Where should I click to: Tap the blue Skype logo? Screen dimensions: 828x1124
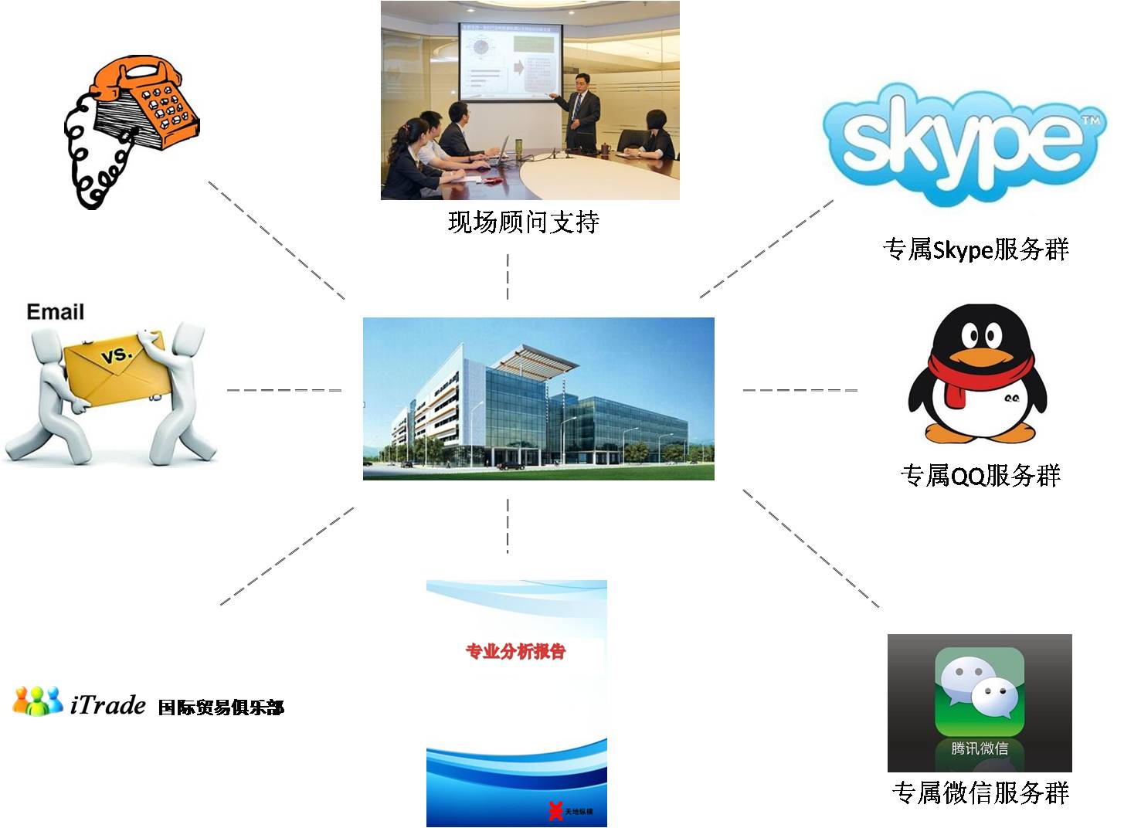[x=964, y=144]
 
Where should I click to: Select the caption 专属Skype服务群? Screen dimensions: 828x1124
[x=976, y=249]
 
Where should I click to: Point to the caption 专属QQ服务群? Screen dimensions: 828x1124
[x=980, y=475]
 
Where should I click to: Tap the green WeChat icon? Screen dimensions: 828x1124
[x=979, y=691]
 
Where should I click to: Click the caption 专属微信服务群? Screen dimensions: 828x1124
[x=980, y=792]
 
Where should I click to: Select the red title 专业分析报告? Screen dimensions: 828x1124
[x=515, y=651]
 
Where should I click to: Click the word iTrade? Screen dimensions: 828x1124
[x=107, y=704]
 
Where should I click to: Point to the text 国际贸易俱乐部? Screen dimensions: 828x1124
[x=221, y=707]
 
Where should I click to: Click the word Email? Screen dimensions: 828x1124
[x=55, y=312]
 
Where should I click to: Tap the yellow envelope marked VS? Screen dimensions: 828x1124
[x=116, y=367]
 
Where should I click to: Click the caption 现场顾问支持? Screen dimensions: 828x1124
[x=524, y=222]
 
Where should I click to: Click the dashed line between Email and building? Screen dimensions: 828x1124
[x=284, y=390]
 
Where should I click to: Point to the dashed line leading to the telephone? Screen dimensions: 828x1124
[x=277, y=239]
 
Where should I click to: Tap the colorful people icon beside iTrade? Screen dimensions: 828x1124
[x=37, y=701]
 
